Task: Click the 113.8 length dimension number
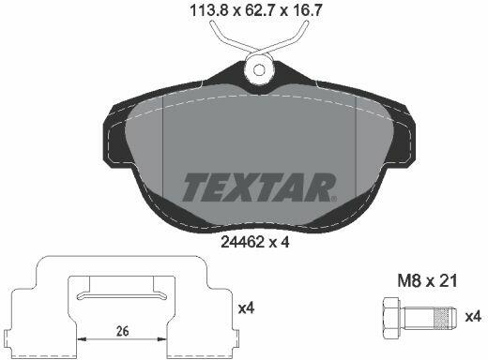[208, 11]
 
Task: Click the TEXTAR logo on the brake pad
[258, 187]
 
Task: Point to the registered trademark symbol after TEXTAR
[334, 198]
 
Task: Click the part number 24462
[240, 242]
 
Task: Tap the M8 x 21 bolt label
[427, 280]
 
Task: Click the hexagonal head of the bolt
[391, 319]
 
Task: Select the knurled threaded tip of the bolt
[444, 318]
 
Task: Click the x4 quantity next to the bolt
[473, 317]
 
